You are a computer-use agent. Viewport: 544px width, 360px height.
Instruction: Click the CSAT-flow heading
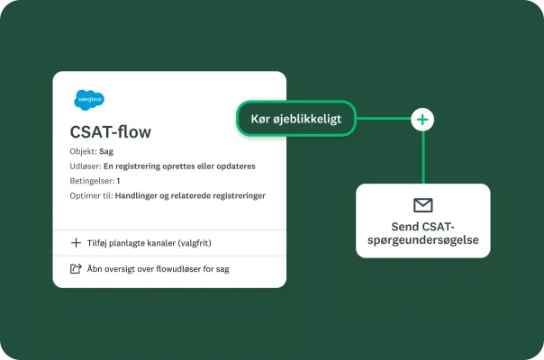click(111, 132)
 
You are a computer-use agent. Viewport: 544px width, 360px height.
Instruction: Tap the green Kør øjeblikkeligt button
click(295, 119)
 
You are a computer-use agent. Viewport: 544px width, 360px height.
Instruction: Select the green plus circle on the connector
click(422, 119)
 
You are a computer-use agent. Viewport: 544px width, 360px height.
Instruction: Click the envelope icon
click(422, 205)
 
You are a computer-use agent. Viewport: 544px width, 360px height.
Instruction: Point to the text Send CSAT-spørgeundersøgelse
click(422, 233)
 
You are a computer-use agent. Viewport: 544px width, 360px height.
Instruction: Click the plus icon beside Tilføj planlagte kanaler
click(76, 243)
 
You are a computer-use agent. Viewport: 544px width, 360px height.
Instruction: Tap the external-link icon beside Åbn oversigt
click(76, 268)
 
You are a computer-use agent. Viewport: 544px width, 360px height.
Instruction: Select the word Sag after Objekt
click(106, 151)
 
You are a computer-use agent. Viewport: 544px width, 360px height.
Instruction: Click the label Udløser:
click(85, 166)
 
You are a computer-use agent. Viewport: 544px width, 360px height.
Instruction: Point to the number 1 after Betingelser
click(118, 180)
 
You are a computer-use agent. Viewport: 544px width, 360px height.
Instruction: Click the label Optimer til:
click(91, 194)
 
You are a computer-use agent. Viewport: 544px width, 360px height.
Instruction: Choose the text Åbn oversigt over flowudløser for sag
click(159, 268)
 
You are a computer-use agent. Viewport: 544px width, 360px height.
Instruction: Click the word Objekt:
click(83, 151)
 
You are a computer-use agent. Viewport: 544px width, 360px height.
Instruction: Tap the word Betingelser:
click(92, 180)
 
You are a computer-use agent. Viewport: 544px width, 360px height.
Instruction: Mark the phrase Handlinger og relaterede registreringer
click(191, 194)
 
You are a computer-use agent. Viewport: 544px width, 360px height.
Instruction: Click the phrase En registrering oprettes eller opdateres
click(180, 166)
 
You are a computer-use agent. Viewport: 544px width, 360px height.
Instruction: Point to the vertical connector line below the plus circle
click(422, 157)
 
